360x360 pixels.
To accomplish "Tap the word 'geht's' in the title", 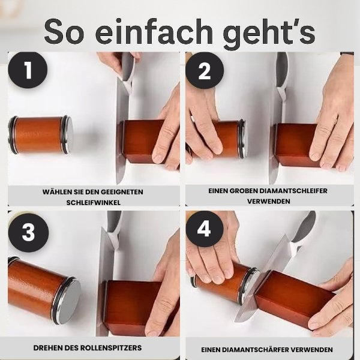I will tap(269, 34).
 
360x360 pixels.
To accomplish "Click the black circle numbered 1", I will tap(28, 70).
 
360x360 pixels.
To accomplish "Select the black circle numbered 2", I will tap(205, 70).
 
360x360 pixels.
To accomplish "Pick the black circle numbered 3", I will tap(28, 233).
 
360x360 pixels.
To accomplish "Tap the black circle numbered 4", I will tap(205, 230).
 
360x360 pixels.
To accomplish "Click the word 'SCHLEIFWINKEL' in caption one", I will tap(93, 203).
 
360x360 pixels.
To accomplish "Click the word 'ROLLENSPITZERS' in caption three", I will tap(120, 348).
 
